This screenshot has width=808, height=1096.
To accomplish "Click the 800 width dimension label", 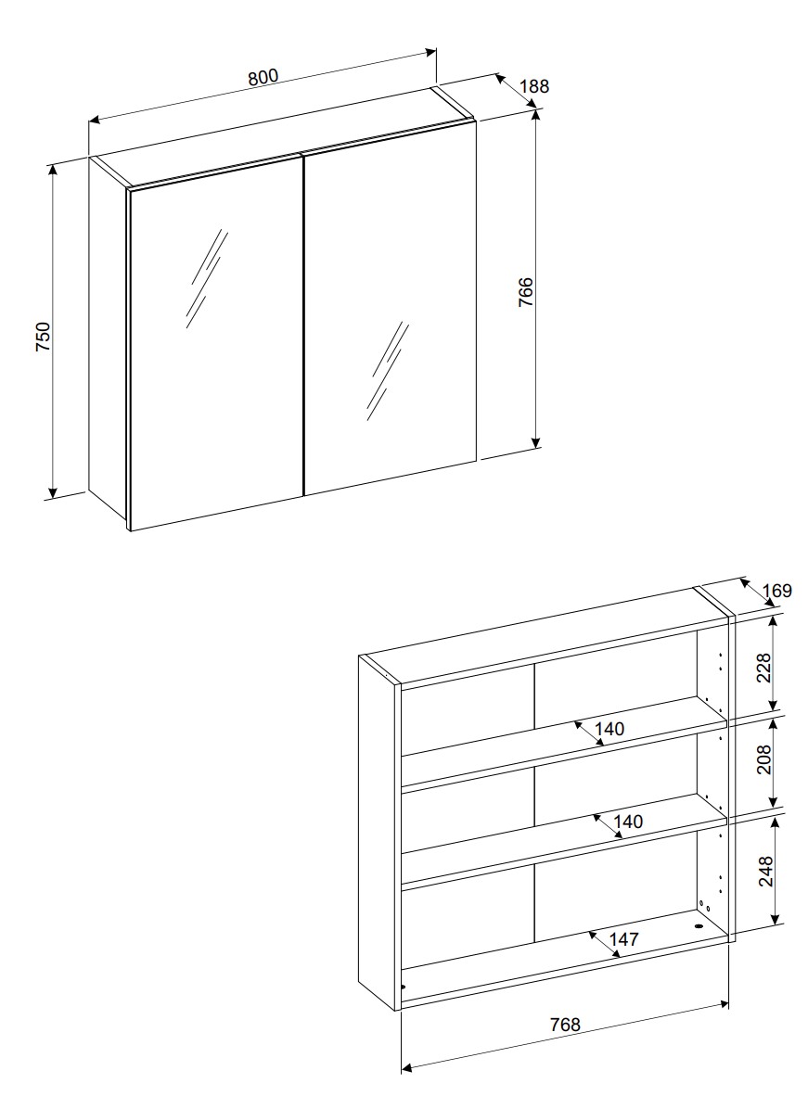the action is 263,77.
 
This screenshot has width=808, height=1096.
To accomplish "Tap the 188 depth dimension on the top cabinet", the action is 535,86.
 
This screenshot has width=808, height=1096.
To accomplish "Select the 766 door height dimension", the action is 525,291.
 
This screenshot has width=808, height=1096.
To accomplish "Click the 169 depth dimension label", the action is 777,591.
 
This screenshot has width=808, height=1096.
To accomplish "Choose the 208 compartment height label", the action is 763,759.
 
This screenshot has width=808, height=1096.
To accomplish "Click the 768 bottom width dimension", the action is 565,1025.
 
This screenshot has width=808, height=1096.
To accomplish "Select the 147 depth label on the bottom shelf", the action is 624,938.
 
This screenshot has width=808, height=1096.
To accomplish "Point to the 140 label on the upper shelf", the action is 609,729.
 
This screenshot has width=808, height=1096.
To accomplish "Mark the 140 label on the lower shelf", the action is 627,822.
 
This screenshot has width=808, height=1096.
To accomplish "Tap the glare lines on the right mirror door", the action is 387,371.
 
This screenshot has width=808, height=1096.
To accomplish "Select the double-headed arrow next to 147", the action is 602,944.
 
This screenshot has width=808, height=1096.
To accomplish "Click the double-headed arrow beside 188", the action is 517,91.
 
